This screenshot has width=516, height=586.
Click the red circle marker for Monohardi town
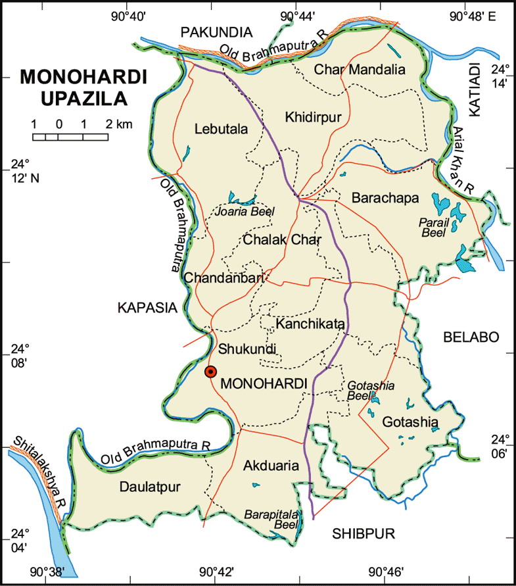[210, 372]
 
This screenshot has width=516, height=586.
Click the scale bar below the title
[71, 137]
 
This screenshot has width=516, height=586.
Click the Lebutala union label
[222, 130]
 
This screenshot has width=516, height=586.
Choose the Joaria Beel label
[245, 212]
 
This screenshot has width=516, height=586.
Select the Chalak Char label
[281, 240]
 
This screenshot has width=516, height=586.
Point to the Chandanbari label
[223, 278]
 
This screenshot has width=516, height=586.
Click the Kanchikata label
[310, 324]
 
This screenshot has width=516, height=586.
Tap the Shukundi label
[246, 348]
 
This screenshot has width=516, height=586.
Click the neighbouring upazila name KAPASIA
[147, 307]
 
